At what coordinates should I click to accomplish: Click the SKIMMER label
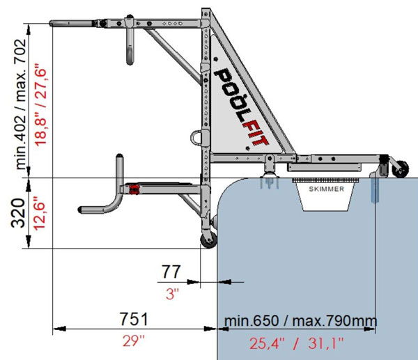click(x=326, y=189)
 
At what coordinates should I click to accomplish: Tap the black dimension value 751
click(x=134, y=319)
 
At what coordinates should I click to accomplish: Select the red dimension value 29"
click(x=133, y=341)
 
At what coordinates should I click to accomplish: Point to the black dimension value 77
click(x=171, y=272)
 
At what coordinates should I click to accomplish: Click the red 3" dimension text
click(x=172, y=295)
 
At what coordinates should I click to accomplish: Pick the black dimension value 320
click(x=18, y=213)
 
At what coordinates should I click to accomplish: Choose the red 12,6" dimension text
click(x=40, y=214)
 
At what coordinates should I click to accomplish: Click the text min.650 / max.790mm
click(x=301, y=320)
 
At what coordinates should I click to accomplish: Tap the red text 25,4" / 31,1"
click(x=297, y=343)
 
